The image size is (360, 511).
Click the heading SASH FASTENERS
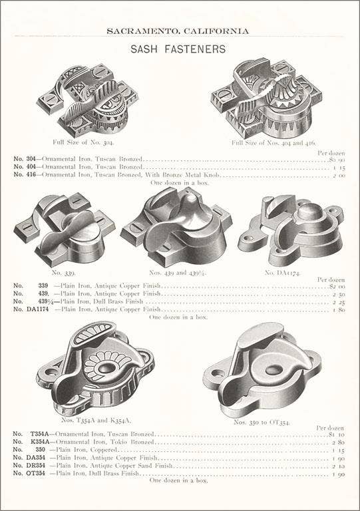[x=178, y=49]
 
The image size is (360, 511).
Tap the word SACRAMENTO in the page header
[x=142, y=30]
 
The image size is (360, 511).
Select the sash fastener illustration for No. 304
[x=88, y=100]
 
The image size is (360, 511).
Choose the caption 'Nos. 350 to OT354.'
[x=260, y=422]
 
